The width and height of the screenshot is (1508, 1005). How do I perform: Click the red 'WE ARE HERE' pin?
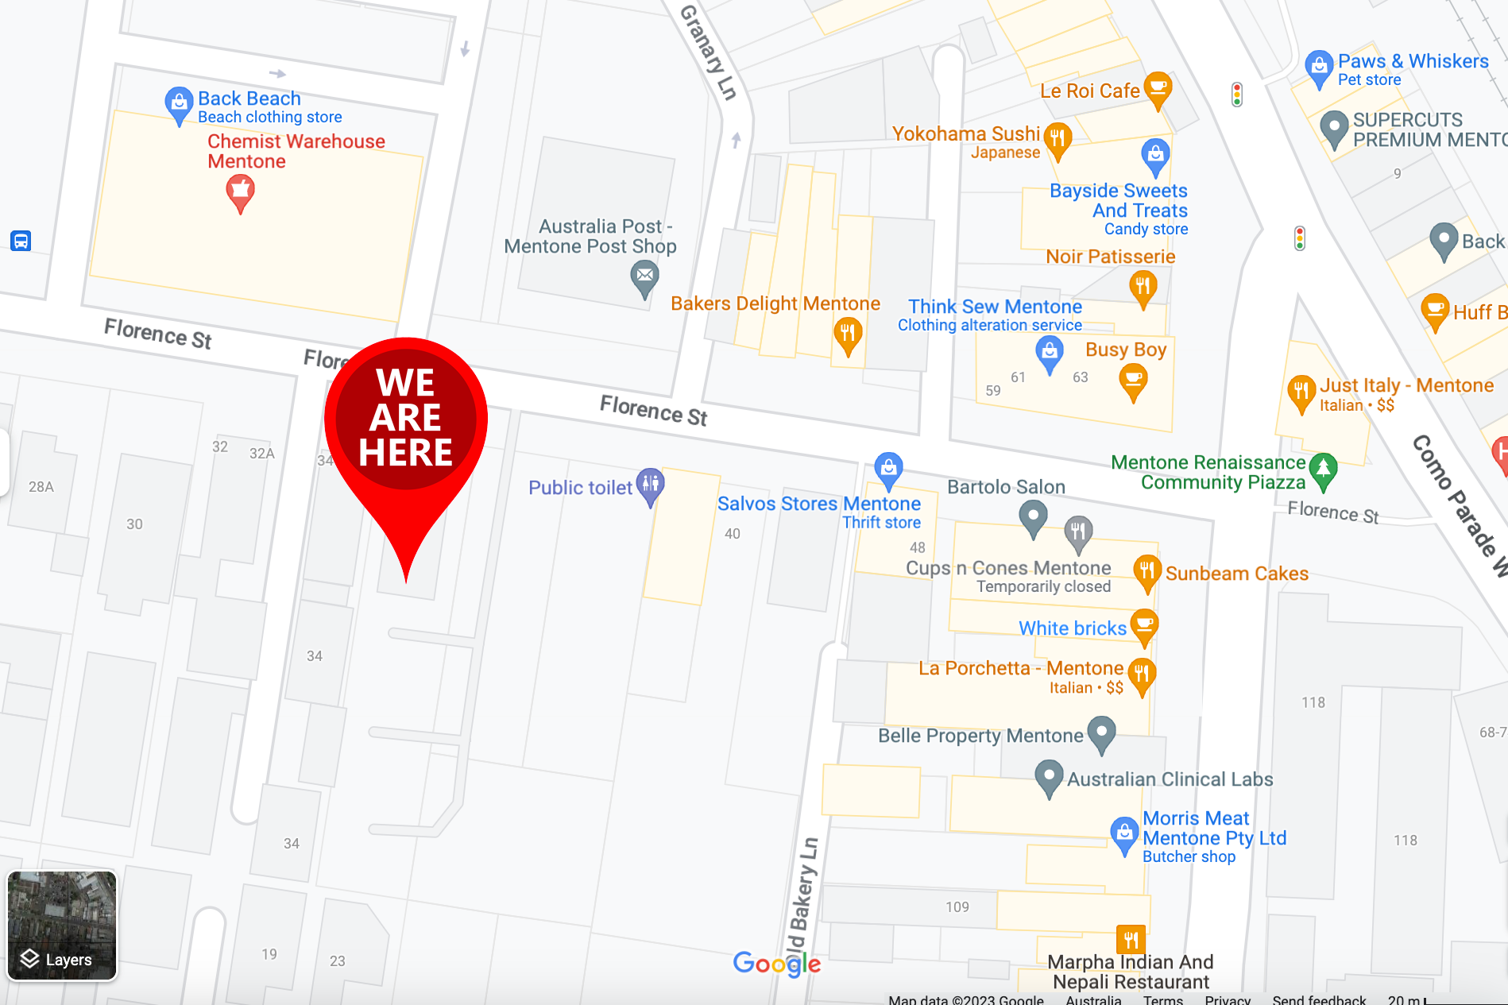tap(406, 421)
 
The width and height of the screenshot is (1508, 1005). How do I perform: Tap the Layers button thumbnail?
tap(62, 926)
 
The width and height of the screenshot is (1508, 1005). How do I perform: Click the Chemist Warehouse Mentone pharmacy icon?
tap(240, 191)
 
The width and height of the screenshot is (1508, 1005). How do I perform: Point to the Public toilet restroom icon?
tap(651, 484)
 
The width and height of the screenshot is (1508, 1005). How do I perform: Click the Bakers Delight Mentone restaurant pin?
tap(848, 334)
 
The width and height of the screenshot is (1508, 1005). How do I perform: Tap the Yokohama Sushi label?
tap(965, 133)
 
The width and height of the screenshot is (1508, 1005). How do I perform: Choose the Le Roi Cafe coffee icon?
tap(1158, 87)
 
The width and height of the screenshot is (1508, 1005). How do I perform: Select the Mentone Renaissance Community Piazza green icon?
tap(1323, 470)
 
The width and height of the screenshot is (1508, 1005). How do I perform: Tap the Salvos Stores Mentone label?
tap(819, 504)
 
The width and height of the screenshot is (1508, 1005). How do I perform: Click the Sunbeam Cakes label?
tap(1236, 574)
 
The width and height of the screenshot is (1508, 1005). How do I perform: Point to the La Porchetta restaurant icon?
tap(1141, 675)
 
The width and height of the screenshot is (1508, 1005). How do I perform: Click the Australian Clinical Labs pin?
tap(1049, 776)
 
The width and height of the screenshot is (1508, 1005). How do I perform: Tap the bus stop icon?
tap(21, 241)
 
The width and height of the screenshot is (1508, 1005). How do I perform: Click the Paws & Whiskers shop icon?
tap(1319, 67)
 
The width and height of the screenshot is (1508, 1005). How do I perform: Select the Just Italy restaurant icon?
tap(1301, 392)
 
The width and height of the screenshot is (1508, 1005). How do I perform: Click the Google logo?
tap(776, 964)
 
